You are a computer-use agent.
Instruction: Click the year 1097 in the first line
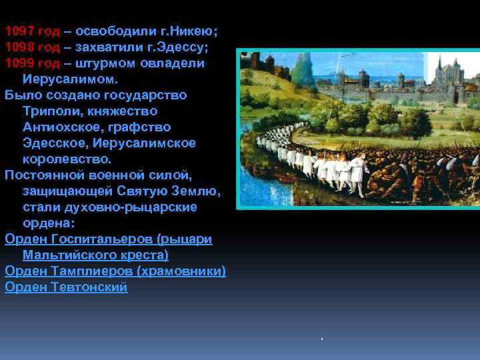(19, 31)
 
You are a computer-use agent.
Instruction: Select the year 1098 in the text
(19, 47)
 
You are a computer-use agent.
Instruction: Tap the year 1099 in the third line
(19, 63)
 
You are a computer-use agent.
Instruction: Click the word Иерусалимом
(69, 79)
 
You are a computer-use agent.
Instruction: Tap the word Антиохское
(63, 127)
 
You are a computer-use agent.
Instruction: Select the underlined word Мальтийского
(73, 255)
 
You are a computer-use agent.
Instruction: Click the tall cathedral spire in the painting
(439, 67)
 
